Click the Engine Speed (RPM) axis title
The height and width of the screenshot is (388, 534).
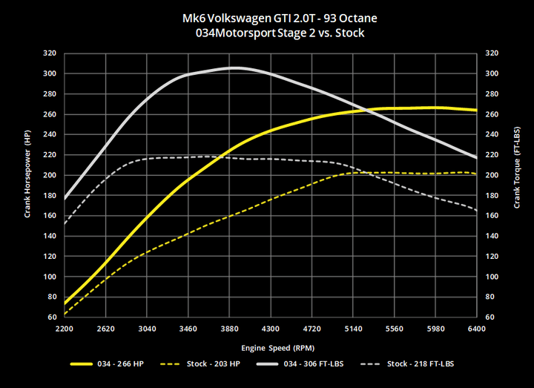click(270, 346)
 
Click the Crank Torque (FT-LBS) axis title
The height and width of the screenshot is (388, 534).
click(514, 185)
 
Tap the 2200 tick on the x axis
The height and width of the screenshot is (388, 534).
click(65, 327)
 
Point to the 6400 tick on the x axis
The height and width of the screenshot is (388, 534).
click(476, 327)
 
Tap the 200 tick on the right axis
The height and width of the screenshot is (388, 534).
click(491, 175)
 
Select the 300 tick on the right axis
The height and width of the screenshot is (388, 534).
click(491, 73)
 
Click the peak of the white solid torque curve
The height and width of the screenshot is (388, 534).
click(234, 68)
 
